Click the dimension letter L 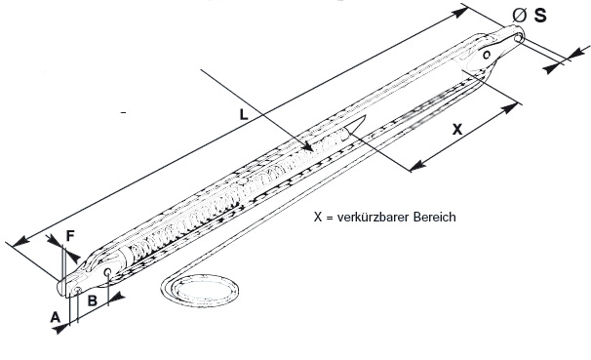(244, 114)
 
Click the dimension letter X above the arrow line (456, 130)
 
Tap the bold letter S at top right (539, 16)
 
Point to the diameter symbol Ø (520, 16)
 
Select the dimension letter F (70, 235)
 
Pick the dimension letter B (93, 300)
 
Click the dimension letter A (56, 317)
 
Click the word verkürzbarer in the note (374, 218)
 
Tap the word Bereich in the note (435, 218)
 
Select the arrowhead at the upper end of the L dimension (459, 13)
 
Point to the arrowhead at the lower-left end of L (20, 241)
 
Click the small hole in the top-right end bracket (487, 55)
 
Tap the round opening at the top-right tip (519, 38)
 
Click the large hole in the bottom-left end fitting (108, 272)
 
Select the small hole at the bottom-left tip (78, 290)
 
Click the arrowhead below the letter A (60, 329)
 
